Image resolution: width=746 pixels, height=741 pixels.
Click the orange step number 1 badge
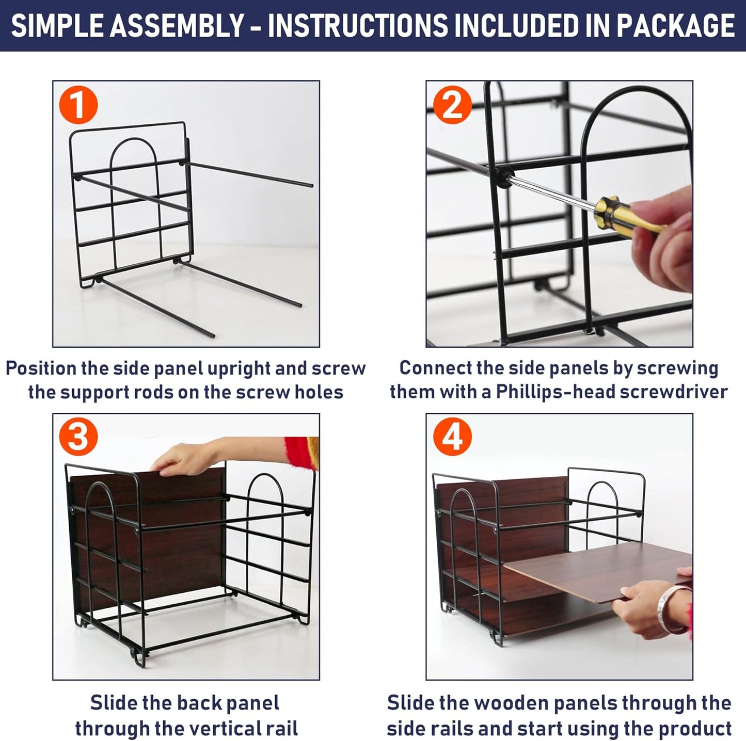pos(78,105)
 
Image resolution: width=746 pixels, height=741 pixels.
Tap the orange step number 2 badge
pos(452,105)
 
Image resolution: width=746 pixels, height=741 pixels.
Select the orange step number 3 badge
pos(78,438)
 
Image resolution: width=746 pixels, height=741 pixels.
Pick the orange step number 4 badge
pos(452,438)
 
